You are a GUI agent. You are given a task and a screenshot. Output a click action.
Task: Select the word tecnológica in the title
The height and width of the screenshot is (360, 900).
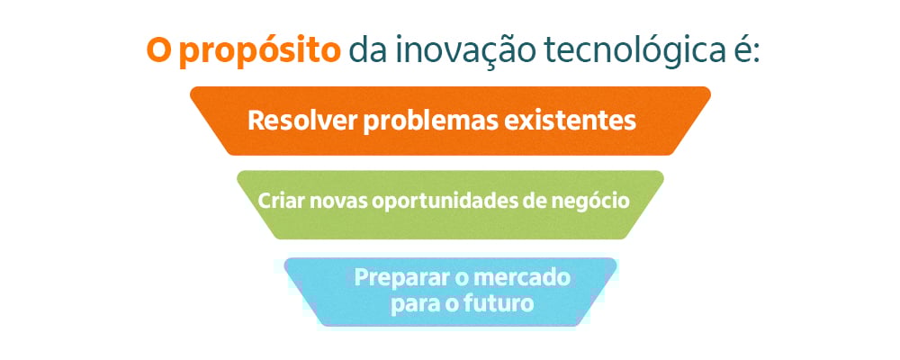(632, 51)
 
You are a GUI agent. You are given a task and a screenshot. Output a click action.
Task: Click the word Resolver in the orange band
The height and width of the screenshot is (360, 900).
(301, 120)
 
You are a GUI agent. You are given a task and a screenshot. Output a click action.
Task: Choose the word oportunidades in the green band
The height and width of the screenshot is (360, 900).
(439, 202)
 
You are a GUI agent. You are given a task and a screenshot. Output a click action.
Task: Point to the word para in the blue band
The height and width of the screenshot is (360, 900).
(410, 304)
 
